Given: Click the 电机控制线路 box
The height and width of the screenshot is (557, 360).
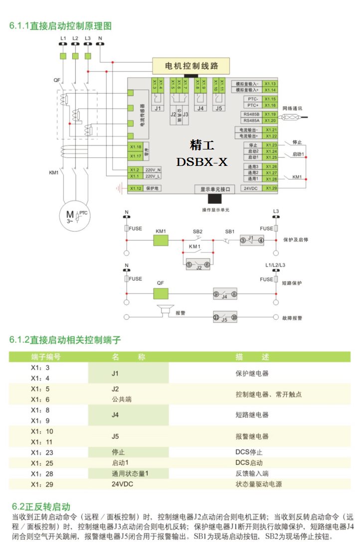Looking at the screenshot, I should (191, 66).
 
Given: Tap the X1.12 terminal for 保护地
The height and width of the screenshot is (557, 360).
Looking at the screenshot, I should (136, 188).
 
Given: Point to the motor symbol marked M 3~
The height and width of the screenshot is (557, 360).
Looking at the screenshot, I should (72, 215).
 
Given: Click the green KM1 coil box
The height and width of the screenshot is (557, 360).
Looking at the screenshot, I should (161, 240).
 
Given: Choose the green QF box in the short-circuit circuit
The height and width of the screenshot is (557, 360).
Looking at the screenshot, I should (161, 293).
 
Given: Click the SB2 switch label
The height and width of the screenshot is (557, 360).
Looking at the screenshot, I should (197, 232).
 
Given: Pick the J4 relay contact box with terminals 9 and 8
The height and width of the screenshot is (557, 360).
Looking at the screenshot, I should (225, 294).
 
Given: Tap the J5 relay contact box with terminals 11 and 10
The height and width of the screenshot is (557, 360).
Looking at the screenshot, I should (225, 317).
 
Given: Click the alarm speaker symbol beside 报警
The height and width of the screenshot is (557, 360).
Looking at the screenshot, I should (164, 311).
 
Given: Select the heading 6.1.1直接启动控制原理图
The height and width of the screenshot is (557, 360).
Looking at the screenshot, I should (60, 26).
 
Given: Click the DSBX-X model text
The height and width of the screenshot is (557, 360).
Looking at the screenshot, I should (201, 162).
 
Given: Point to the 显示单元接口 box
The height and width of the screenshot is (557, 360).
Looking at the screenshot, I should (215, 189).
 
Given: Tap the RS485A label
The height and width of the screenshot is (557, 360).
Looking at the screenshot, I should (251, 121).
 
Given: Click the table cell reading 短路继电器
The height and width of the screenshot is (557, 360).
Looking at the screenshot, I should (252, 415).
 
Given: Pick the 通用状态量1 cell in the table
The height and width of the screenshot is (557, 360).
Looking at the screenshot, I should (130, 473).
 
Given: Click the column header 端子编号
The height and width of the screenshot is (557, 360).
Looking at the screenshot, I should (46, 357).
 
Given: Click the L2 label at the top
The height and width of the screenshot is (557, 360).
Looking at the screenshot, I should (75, 38).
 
